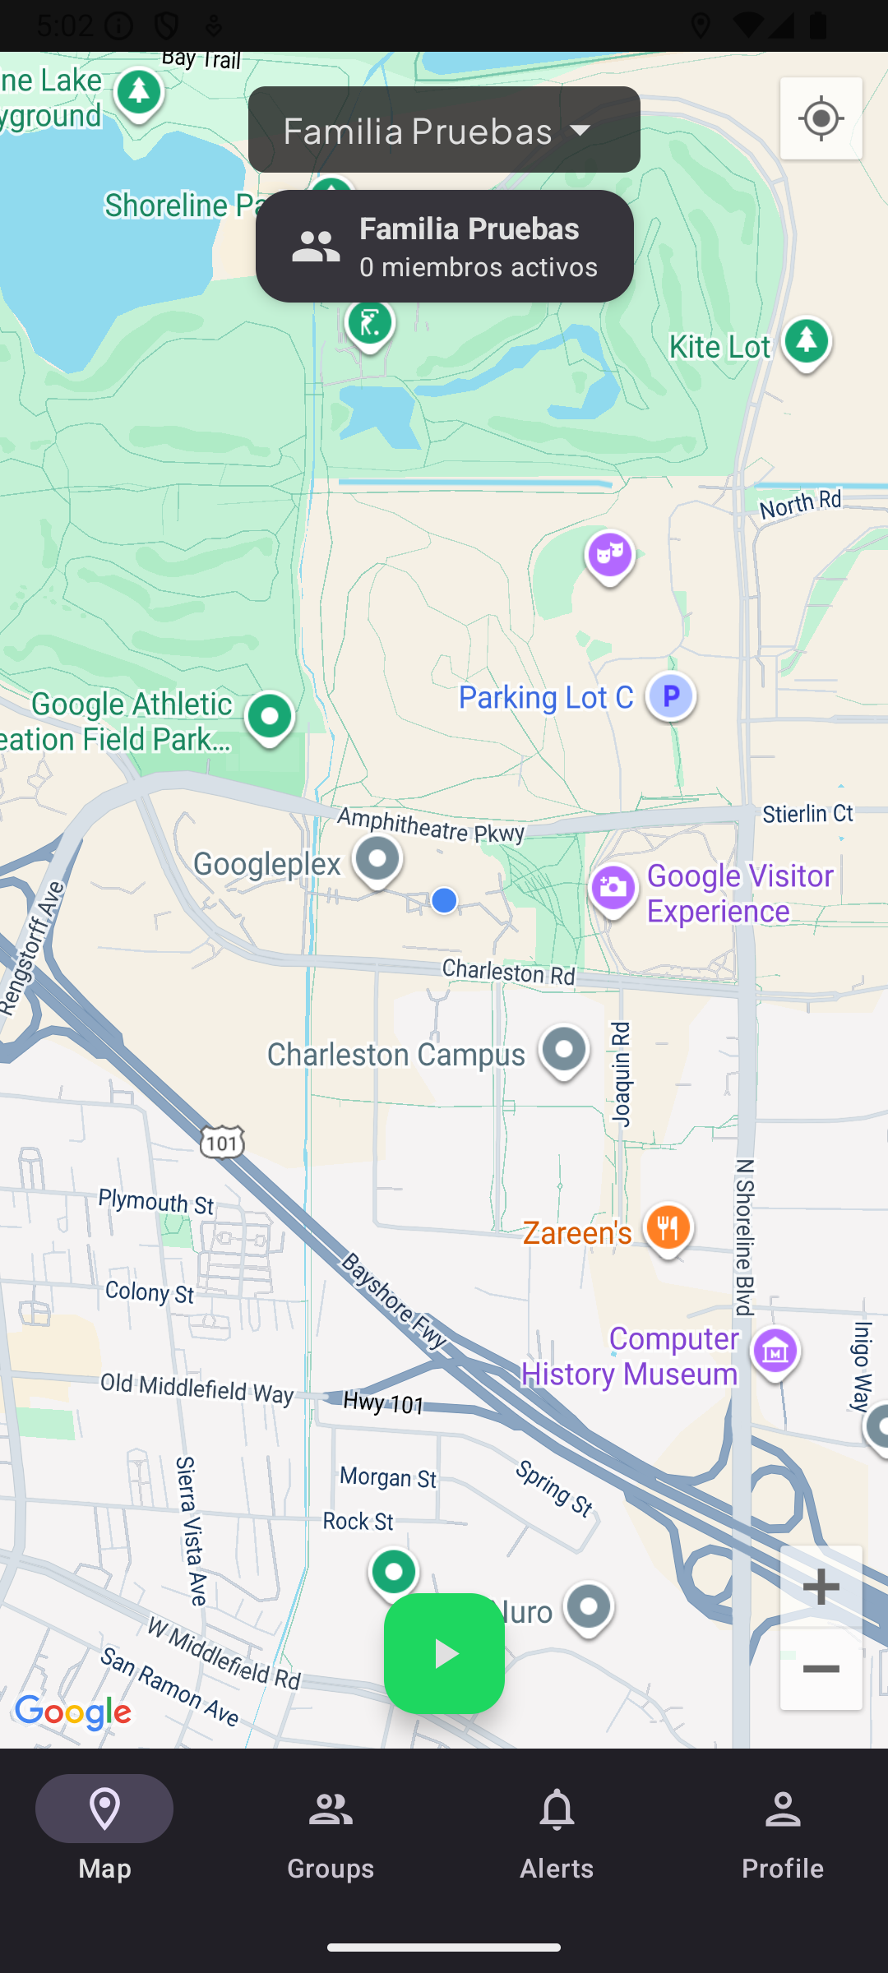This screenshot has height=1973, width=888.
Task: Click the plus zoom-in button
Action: [821, 1587]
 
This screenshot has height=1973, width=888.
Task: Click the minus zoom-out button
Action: [821, 1669]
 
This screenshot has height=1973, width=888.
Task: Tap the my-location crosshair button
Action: [821, 119]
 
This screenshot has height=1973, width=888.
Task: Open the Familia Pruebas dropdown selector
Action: [444, 130]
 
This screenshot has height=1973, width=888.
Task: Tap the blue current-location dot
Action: [444, 900]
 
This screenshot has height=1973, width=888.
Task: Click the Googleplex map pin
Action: [377, 860]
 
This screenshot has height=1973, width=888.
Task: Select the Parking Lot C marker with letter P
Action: [671, 696]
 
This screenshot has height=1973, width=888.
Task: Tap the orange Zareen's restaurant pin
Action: [668, 1229]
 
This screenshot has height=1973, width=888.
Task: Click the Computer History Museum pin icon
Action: [775, 1351]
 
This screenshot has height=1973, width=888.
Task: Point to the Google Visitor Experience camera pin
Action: [613, 889]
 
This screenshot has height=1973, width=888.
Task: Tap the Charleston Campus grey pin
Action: [564, 1051]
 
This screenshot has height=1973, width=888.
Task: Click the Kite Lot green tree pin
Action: [806, 342]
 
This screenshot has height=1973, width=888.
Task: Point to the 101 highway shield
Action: [222, 1143]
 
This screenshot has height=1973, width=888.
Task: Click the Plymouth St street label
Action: [156, 1202]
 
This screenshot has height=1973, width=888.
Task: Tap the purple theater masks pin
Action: [609, 556]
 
